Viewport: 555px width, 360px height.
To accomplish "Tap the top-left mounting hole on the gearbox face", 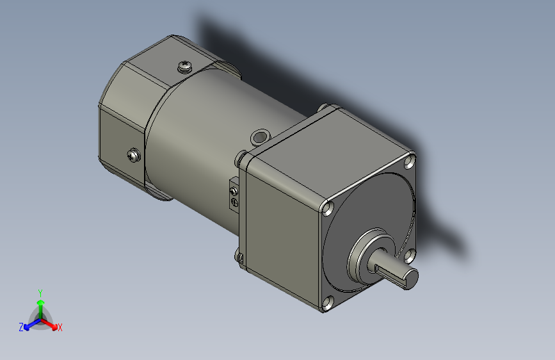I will [328, 208].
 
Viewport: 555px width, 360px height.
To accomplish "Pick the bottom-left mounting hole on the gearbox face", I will [328, 304].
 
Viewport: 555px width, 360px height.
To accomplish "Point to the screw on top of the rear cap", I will [185, 65].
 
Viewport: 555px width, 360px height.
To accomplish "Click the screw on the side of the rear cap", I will [133, 154].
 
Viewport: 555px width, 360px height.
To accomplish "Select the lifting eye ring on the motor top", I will [260, 136].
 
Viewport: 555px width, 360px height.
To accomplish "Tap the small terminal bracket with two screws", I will [234, 197].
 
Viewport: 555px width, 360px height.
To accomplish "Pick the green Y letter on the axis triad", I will [40, 292].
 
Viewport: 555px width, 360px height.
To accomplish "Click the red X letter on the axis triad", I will [60, 327].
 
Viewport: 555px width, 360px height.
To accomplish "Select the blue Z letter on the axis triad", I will [21, 327].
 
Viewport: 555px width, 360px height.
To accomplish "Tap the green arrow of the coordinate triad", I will [40, 304].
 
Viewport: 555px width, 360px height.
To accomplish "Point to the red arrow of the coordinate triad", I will [51, 322].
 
